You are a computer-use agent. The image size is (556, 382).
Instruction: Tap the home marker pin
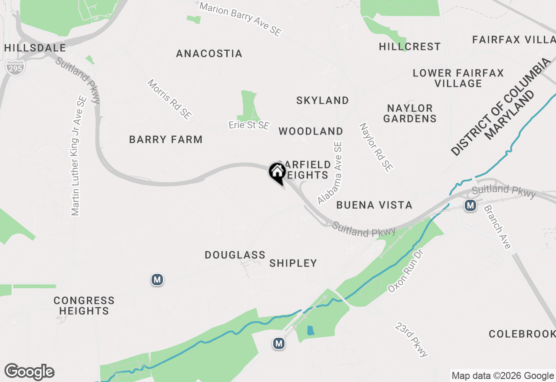(x=277, y=172)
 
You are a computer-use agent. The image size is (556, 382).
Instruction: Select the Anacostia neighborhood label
(x=209, y=54)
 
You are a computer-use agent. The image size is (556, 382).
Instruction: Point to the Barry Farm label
(x=166, y=140)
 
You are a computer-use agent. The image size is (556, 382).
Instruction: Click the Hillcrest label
(x=410, y=47)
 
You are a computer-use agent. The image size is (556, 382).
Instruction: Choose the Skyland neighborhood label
(x=322, y=101)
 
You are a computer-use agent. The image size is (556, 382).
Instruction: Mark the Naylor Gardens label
(x=410, y=113)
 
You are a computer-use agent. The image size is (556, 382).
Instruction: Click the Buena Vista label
(x=374, y=205)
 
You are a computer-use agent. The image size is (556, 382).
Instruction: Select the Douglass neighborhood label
(x=235, y=255)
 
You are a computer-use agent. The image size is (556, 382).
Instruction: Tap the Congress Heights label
(x=84, y=306)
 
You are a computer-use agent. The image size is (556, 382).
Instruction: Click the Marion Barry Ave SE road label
(x=240, y=19)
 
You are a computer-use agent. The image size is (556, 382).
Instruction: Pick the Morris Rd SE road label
(x=169, y=99)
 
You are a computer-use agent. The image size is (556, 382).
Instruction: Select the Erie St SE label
(x=249, y=126)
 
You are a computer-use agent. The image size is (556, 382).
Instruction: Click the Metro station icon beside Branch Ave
(x=470, y=205)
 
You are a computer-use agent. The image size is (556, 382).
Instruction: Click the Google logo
(x=29, y=372)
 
